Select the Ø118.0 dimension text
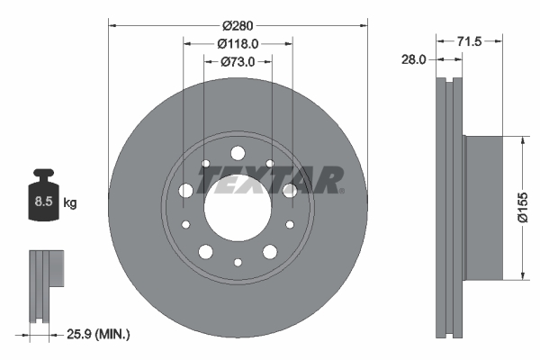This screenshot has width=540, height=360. [x=238, y=42]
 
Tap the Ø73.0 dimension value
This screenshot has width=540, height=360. [x=238, y=61]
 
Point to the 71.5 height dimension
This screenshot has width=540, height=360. [x=470, y=42]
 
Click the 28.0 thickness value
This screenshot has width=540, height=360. [x=414, y=58]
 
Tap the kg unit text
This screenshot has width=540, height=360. [x=70, y=203]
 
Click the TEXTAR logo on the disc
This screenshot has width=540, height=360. [x=270, y=180]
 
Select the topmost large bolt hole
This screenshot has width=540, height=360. [x=238, y=152]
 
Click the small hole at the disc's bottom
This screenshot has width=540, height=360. [x=238, y=263]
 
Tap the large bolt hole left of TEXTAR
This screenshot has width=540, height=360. [x=186, y=191]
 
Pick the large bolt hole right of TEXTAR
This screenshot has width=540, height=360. [x=289, y=191]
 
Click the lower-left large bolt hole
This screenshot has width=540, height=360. [x=205, y=251]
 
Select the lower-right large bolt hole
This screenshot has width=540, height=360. [x=270, y=251]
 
